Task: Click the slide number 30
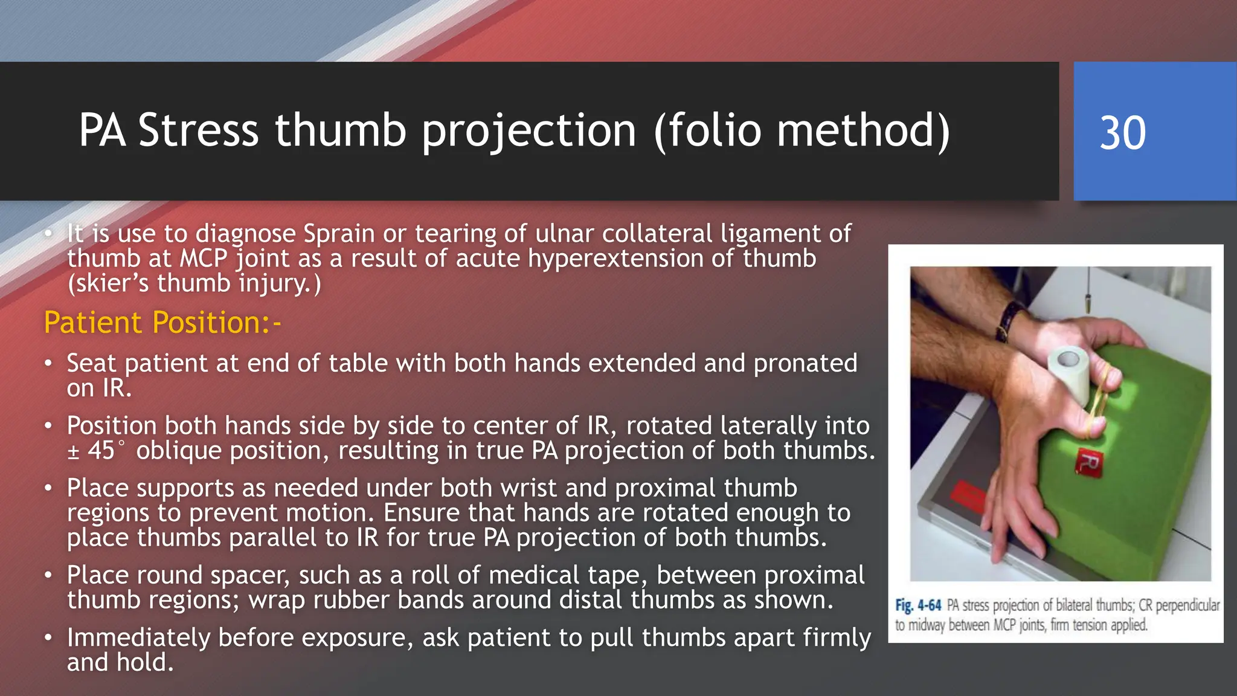pos(1122,132)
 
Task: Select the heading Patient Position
pos(162,323)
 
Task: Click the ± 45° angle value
pos(97,451)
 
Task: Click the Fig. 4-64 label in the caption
pos(918,605)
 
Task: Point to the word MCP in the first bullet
pos(203,259)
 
